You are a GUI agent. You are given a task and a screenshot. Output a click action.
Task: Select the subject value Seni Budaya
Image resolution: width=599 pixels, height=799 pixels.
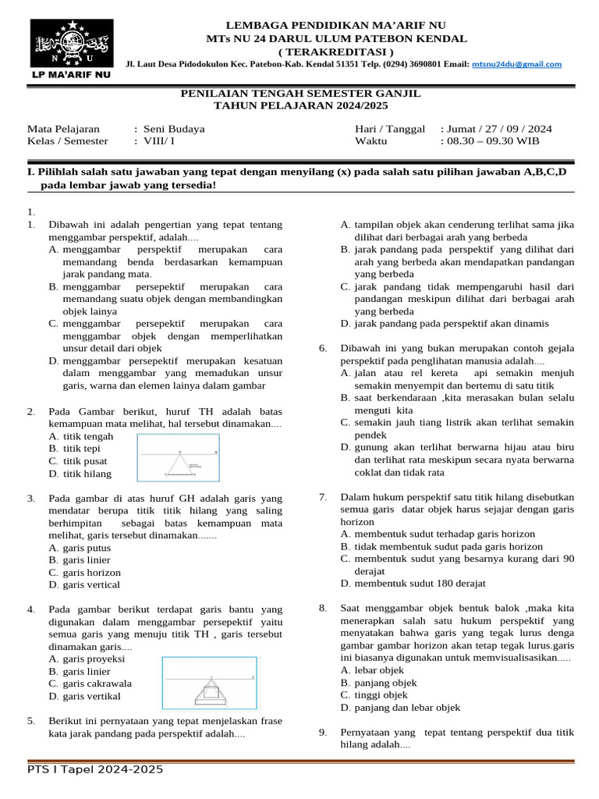pos(173,129)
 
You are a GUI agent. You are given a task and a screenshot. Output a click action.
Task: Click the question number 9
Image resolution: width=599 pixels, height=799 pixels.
pos(323,732)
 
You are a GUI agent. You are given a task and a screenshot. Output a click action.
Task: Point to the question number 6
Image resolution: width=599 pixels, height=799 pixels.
pos(323,348)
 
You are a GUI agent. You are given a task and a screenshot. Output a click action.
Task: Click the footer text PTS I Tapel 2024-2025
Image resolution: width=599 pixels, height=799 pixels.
pos(95,770)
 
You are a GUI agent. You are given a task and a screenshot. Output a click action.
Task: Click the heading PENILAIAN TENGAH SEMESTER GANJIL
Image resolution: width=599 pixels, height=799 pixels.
pos(300,93)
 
